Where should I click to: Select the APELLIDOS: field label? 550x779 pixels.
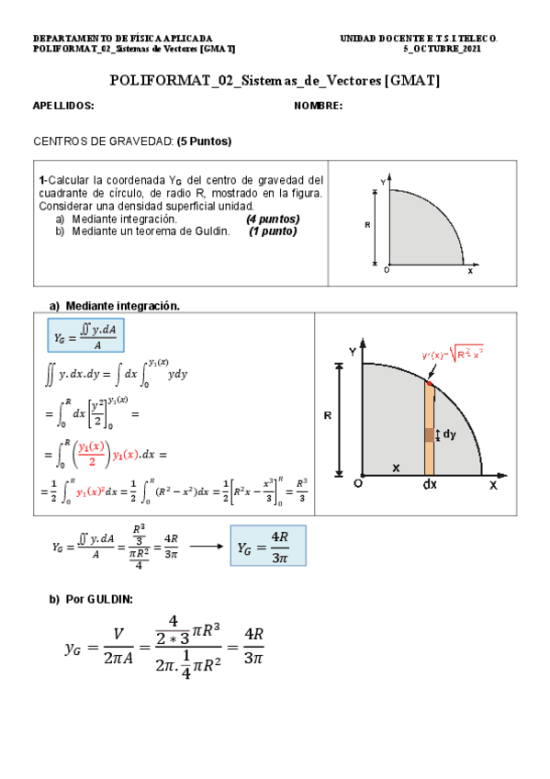[63, 107]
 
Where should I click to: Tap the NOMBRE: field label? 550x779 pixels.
[319, 107]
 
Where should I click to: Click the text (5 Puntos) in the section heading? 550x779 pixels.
[204, 141]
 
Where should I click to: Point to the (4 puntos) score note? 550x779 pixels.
[273, 220]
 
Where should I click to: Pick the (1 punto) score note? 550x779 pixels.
[273, 231]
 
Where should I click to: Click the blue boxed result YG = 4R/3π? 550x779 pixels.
[267, 546]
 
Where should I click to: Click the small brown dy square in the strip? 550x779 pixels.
[429, 435]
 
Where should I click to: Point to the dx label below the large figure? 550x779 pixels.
[430, 485]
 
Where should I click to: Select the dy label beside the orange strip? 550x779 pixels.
[449, 435]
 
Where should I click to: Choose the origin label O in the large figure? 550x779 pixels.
[357, 483]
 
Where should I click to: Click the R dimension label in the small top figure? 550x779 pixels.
[368, 224]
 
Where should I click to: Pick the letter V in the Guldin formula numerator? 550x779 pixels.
[118, 635]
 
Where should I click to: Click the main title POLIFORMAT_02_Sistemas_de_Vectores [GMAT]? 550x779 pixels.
[275, 81]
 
